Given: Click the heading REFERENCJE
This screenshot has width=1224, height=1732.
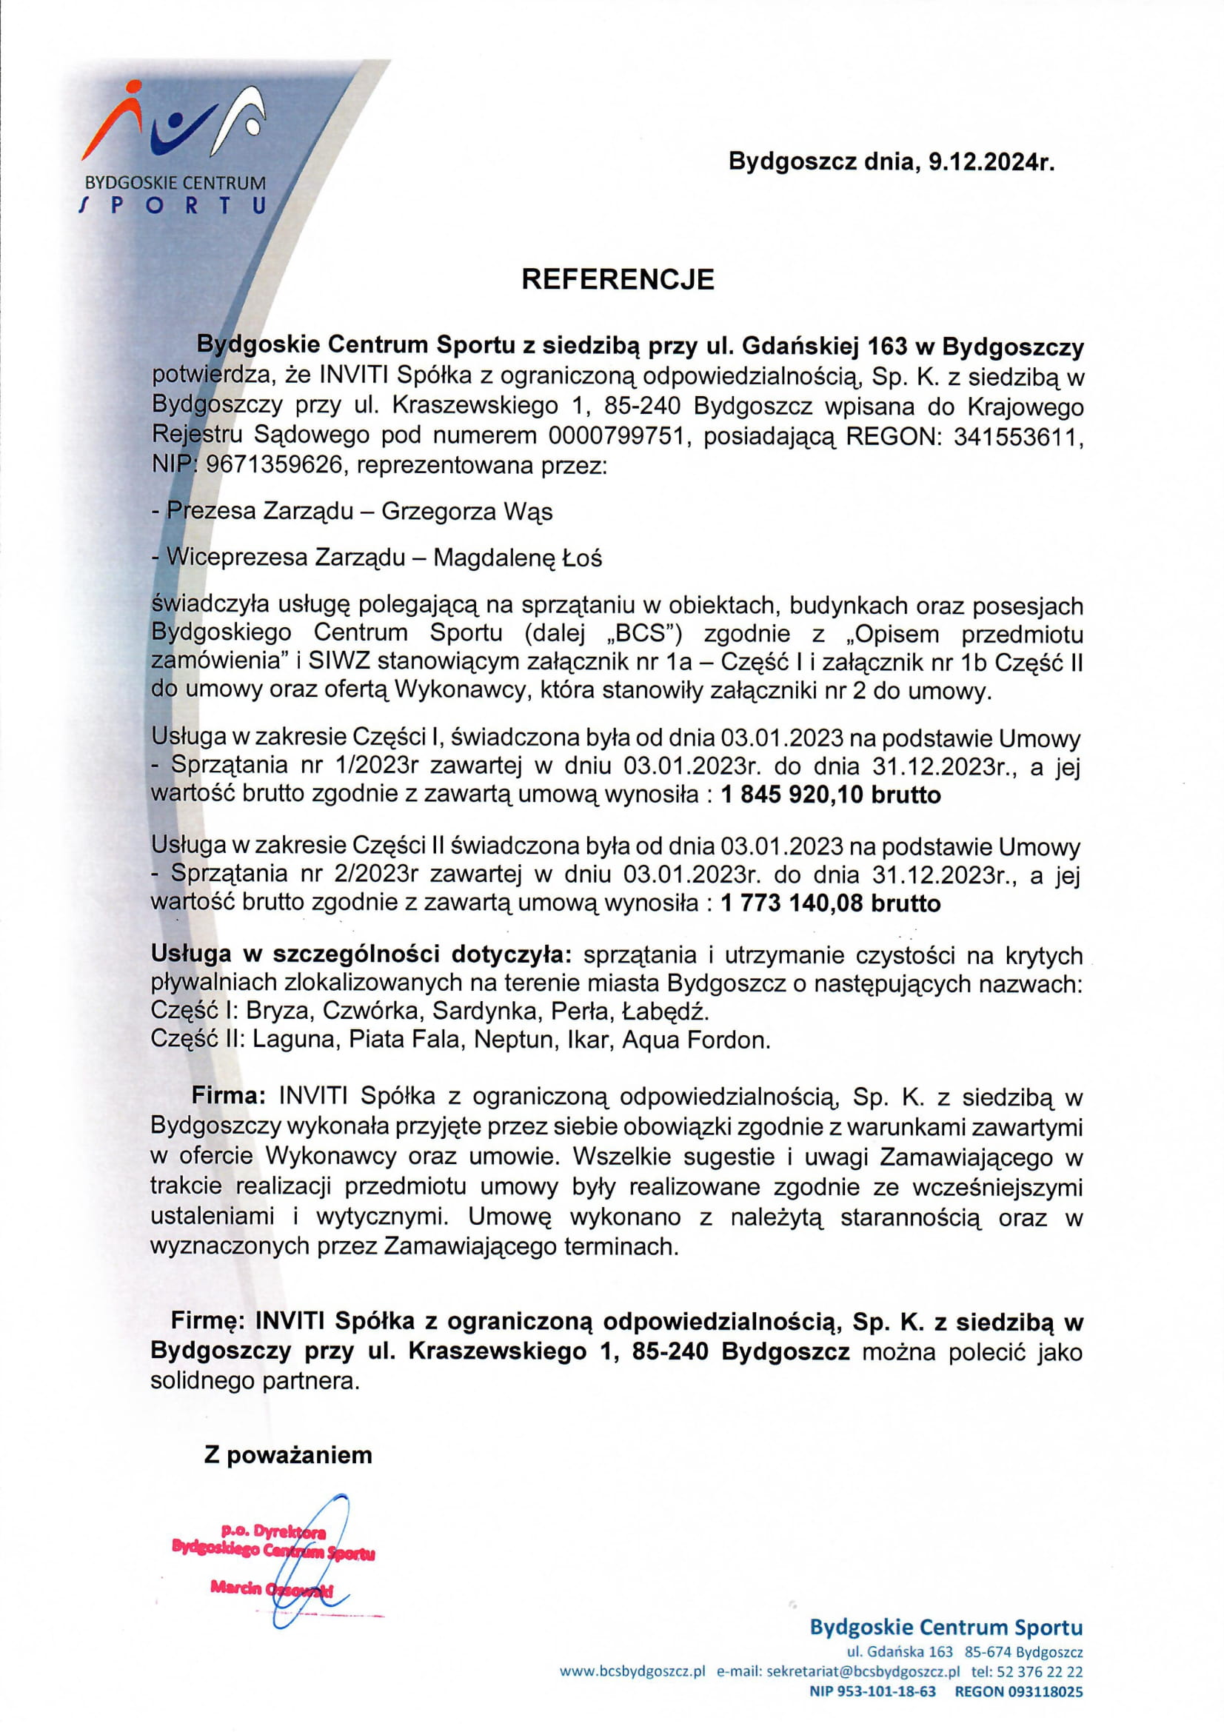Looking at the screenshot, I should [x=618, y=279].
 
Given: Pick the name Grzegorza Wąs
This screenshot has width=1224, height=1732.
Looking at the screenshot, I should [x=466, y=512].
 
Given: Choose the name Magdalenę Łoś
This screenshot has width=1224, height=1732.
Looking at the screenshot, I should [x=518, y=558].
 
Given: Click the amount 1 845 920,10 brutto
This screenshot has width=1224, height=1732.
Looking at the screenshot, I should [x=831, y=795].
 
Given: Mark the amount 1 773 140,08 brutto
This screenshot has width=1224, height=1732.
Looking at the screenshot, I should [x=831, y=903].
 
